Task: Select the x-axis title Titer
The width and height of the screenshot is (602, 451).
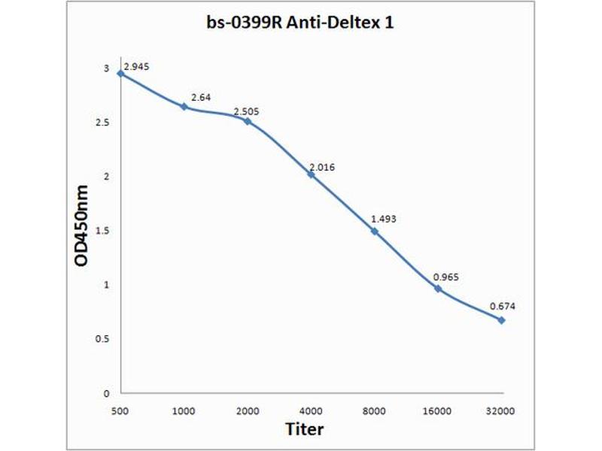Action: [305, 430]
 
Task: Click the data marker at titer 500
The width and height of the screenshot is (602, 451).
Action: [120, 73]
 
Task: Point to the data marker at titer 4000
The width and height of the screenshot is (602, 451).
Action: [311, 174]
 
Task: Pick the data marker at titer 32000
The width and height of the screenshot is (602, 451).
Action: [502, 320]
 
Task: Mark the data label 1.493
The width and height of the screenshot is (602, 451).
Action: [383, 219]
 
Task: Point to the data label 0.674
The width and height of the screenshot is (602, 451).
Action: [502, 306]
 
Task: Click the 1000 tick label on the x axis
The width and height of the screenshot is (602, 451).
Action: [184, 411]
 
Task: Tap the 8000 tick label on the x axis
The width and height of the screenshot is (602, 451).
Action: [374, 411]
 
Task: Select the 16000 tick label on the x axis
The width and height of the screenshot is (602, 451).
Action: [437, 411]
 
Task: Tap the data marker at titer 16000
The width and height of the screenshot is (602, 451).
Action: [438, 289]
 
